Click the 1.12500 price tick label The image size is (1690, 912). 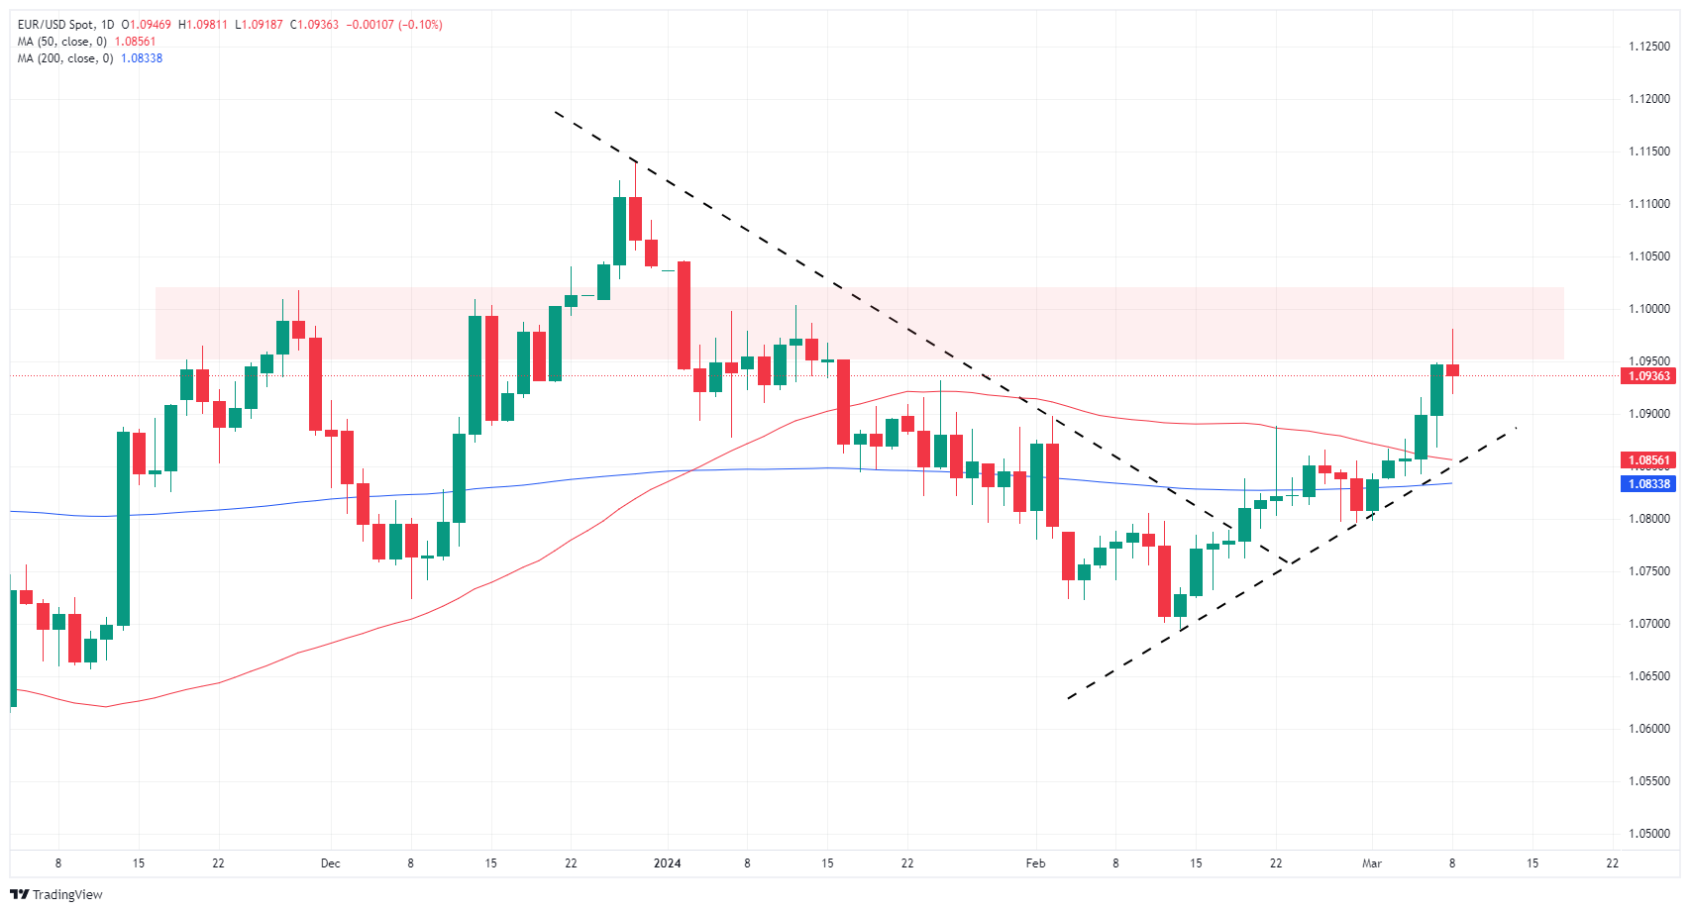tap(1649, 47)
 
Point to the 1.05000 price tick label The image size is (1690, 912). tap(1649, 834)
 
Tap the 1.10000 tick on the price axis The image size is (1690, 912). tap(1649, 309)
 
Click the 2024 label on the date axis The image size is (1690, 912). tap(667, 863)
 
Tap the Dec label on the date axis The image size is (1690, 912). tap(331, 863)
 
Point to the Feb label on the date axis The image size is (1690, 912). tap(1035, 863)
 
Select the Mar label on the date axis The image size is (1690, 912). tap(1372, 863)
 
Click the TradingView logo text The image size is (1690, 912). tap(66, 895)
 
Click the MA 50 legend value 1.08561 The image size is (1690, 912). tap(135, 42)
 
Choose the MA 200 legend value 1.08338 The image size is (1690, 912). tap(142, 58)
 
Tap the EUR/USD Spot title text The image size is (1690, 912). tap(55, 25)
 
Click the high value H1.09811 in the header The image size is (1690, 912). tap(202, 25)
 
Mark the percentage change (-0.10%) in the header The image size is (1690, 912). tap(420, 25)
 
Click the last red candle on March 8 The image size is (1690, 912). tap(1452, 370)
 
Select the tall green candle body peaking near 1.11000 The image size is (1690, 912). tap(619, 231)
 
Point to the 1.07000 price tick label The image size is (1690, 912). tap(1649, 624)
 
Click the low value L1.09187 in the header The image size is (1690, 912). tap(259, 25)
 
